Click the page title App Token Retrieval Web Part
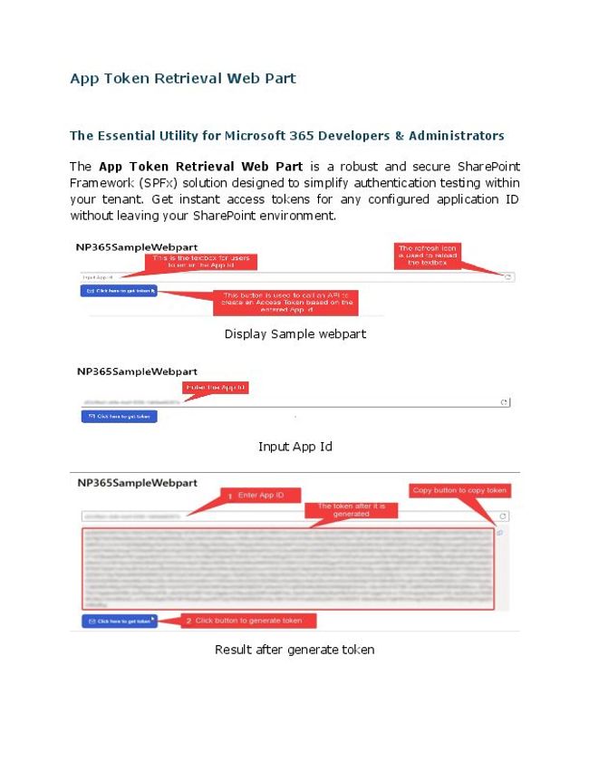click(183, 78)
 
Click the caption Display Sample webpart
click(294, 333)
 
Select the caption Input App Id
click(294, 446)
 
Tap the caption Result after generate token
click(294, 649)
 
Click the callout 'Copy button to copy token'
click(460, 490)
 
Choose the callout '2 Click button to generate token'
click(248, 621)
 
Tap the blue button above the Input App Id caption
click(119, 417)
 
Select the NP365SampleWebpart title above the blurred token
click(137, 483)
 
